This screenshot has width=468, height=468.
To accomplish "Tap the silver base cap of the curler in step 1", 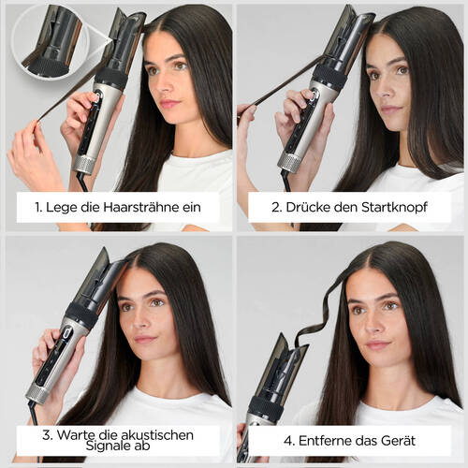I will [x=86, y=165].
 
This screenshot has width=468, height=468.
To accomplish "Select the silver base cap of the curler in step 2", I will [x=290, y=161].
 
